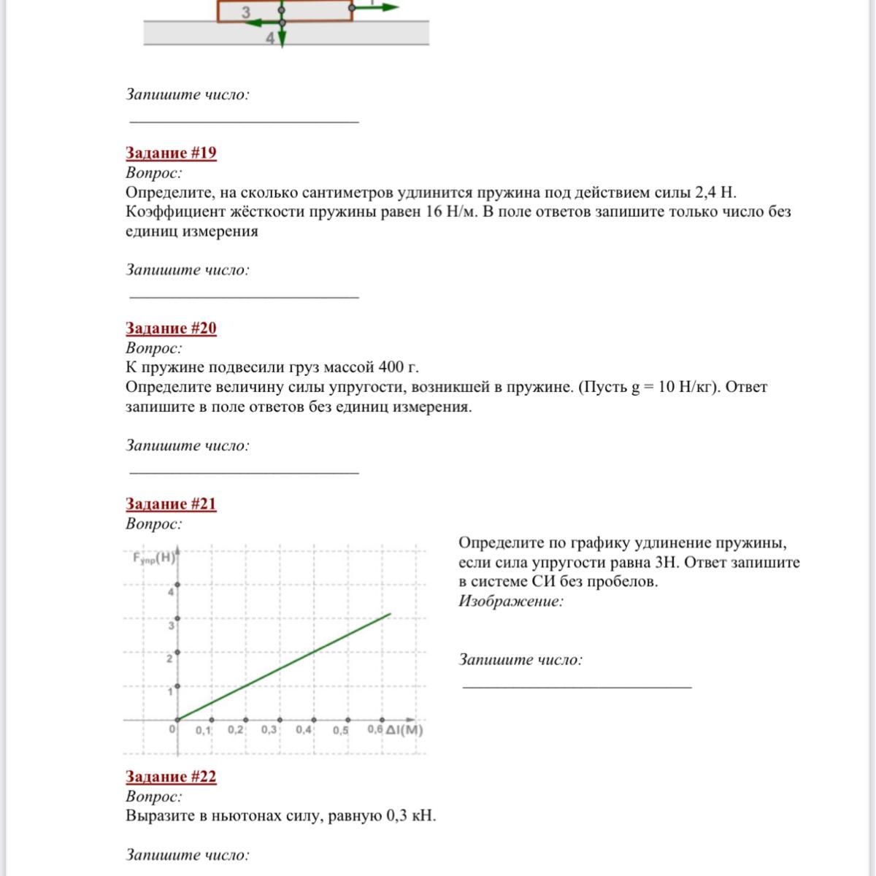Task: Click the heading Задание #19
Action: pos(171,153)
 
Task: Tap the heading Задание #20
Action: pos(171,328)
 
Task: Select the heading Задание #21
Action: pos(171,504)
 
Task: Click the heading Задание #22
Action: pos(171,777)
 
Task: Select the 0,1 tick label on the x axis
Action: pos(204,730)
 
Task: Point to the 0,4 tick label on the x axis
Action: pos(304,730)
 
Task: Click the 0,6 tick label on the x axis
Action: pos(374,729)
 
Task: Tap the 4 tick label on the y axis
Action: pos(171,592)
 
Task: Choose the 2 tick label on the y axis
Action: pos(170,659)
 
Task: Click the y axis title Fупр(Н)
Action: pos(154,558)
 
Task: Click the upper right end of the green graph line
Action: pos(391,614)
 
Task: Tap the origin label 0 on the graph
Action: pos(173,729)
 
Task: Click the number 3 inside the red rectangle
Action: pos(246,12)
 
